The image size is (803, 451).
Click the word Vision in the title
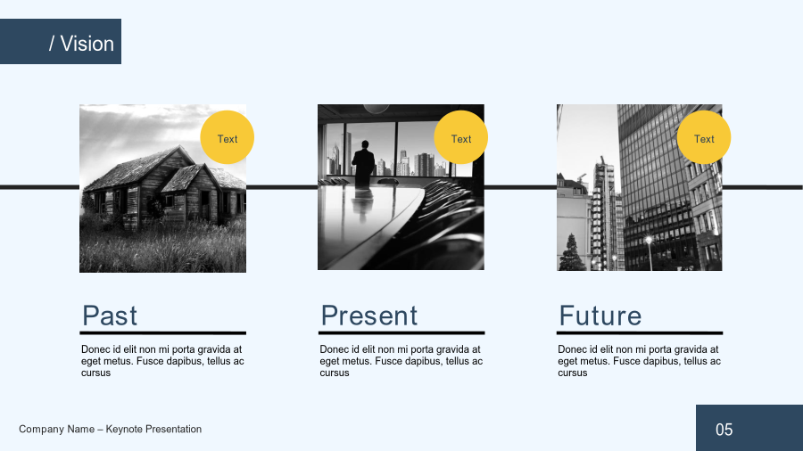87,44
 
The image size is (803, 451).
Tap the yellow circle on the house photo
227,137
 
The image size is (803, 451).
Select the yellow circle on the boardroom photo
461,137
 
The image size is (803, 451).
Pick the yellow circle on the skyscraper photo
704,137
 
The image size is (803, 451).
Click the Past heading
110,316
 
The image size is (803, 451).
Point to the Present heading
369,316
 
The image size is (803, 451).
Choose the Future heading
600,316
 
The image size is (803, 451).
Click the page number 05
724,430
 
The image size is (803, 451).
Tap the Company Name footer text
110,429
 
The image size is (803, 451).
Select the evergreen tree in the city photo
572,252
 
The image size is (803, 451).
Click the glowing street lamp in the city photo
649,240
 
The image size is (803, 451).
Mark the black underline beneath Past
163,332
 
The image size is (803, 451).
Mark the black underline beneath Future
640,332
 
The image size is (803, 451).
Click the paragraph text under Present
401,361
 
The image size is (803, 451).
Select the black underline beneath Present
401,332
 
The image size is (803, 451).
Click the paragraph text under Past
162,361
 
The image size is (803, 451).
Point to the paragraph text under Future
639,361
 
